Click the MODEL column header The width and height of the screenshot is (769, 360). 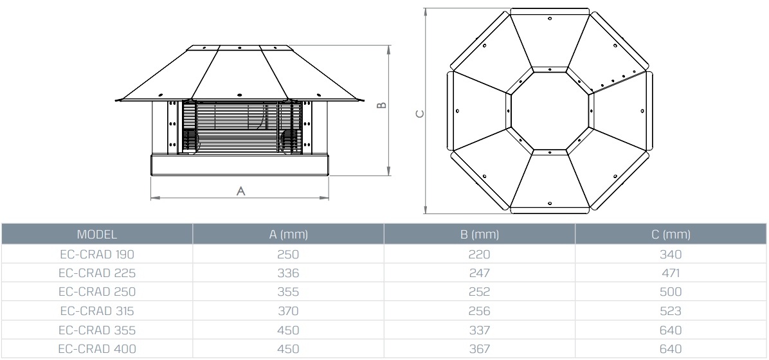[x=96, y=235]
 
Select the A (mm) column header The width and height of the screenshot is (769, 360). [x=288, y=235]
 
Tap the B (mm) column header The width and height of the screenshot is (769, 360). [x=480, y=235]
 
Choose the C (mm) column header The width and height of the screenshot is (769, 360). [x=671, y=235]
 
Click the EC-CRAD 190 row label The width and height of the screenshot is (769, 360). [x=96, y=254]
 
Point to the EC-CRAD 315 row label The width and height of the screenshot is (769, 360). [x=96, y=311]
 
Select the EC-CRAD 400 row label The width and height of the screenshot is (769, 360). [x=96, y=348]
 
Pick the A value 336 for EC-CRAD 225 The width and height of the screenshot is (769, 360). [x=288, y=273]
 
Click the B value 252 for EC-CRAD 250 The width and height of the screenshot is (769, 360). [x=480, y=292]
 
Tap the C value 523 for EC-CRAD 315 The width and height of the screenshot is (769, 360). [x=671, y=311]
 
